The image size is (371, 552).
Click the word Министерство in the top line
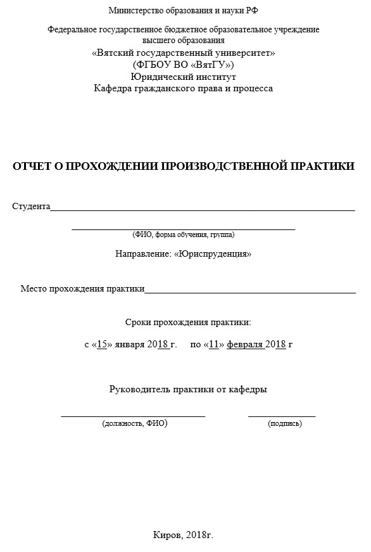pyautogui.click(x=133, y=10)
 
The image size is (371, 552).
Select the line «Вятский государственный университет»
pyautogui.click(x=183, y=53)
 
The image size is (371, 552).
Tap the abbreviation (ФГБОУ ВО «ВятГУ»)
pyautogui.click(x=183, y=65)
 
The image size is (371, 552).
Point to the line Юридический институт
pyautogui.click(x=183, y=77)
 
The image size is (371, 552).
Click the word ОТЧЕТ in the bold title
pyautogui.click(x=32, y=166)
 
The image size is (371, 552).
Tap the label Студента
pyautogui.click(x=31, y=207)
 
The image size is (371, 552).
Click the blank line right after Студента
pyautogui.click(x=203, y=209)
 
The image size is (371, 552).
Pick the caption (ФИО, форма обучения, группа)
pyautogui.click(x=184, y=234)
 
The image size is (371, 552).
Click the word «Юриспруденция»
pyautogui.click(x=213, y=254)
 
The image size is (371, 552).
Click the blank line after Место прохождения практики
pyautogui.click(x=250, y=292)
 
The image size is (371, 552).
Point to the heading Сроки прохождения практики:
pyautogui.click(x=188, y=322)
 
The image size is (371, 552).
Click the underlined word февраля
pyautogui.click(x=244, y=345)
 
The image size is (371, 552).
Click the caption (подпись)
pyautogui.click(x=285, y=423)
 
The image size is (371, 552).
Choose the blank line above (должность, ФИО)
pyautogui.click(x=133, y=415)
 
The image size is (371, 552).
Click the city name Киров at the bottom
pyautogui.click(x=168, y=535)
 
